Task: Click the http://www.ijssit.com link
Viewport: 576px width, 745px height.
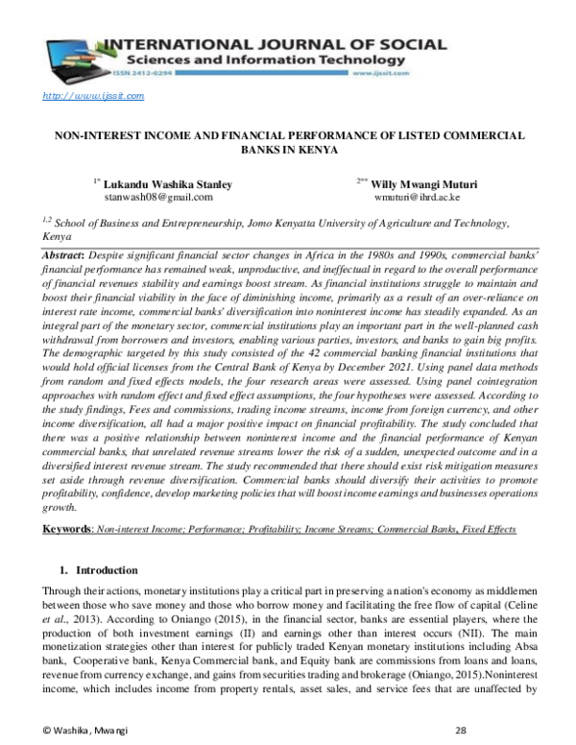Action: pos(93,96)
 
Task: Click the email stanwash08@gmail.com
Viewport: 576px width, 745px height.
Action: pos(157,196)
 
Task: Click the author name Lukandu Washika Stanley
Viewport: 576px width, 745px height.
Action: pos(166,182)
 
